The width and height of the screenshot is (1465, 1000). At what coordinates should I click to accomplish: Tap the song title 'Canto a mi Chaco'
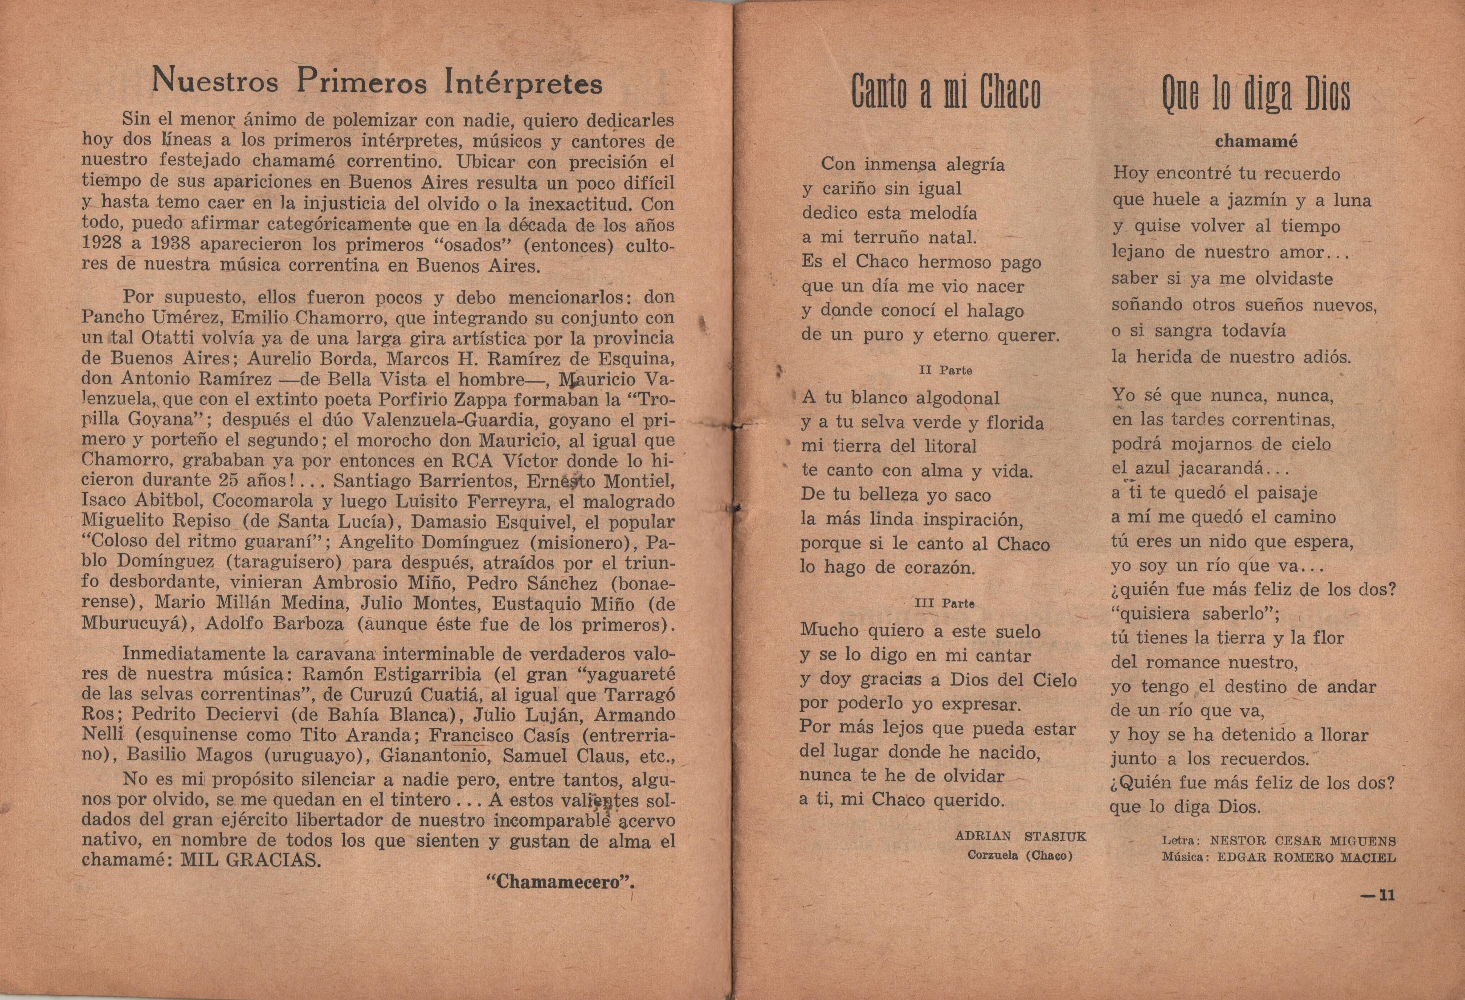[x=946, y=93]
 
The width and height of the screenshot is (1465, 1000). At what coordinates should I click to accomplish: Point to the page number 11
[x=1379, y=896]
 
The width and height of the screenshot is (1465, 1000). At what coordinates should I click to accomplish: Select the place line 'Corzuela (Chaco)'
[x=1020, y=856]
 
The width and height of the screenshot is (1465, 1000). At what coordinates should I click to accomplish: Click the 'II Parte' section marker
[x=946, y=371]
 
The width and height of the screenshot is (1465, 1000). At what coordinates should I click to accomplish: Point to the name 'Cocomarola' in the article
[x=267, y=501]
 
